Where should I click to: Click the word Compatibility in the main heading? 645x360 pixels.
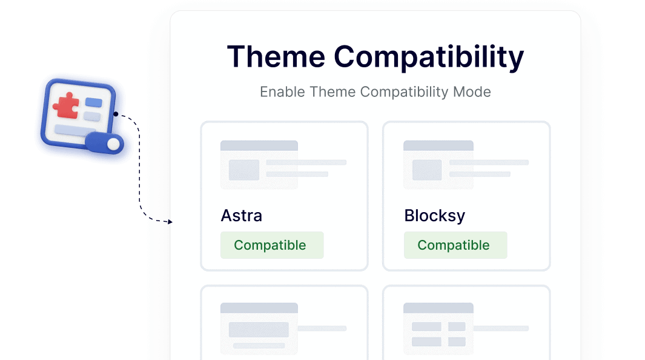[429, 57]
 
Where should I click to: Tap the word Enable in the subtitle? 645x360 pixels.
[283, 92]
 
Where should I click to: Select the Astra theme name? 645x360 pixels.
[241, 216]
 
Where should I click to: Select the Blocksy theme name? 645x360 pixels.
[434, 216]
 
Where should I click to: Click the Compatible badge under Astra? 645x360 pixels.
[271, 245]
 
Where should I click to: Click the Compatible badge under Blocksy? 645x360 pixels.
[454, 245]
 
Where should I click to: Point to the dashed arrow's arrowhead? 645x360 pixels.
[170, 222]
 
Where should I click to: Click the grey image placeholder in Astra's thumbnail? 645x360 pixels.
[243, 170]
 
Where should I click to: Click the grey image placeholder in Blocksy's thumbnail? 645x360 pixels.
[426, 170]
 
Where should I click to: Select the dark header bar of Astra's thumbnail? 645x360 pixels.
[259, 145]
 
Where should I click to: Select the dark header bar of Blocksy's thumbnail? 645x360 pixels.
[438, 145]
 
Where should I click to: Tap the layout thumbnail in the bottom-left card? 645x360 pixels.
[259, 328]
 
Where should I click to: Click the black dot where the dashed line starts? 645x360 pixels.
[115, 114]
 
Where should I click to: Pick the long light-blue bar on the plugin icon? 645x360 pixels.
[71, 129]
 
